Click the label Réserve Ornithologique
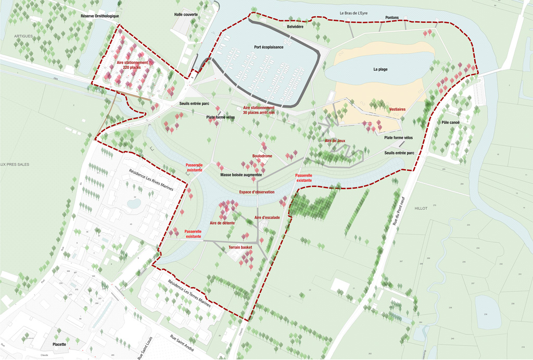(x=100, y=16)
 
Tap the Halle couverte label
(x=186, y=15)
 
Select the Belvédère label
(x=295, y=26)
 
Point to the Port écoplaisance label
(x=269, y=47)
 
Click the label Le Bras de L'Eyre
(x=358, y=13)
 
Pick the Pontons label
(x=392, y=18)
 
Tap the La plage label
(x=380, y=69)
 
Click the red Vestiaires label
(x=397, y=109)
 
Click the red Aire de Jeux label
(x=335, y=141)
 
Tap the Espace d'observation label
(x=257, y=192)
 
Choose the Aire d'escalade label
(x=267, y=217)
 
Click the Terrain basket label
(x=240, y=247)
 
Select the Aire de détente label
(x=222, y=223)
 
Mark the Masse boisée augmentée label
(x=241, y=175)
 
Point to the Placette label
(x=59, y=344)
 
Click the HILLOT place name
(x=421, y=208)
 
